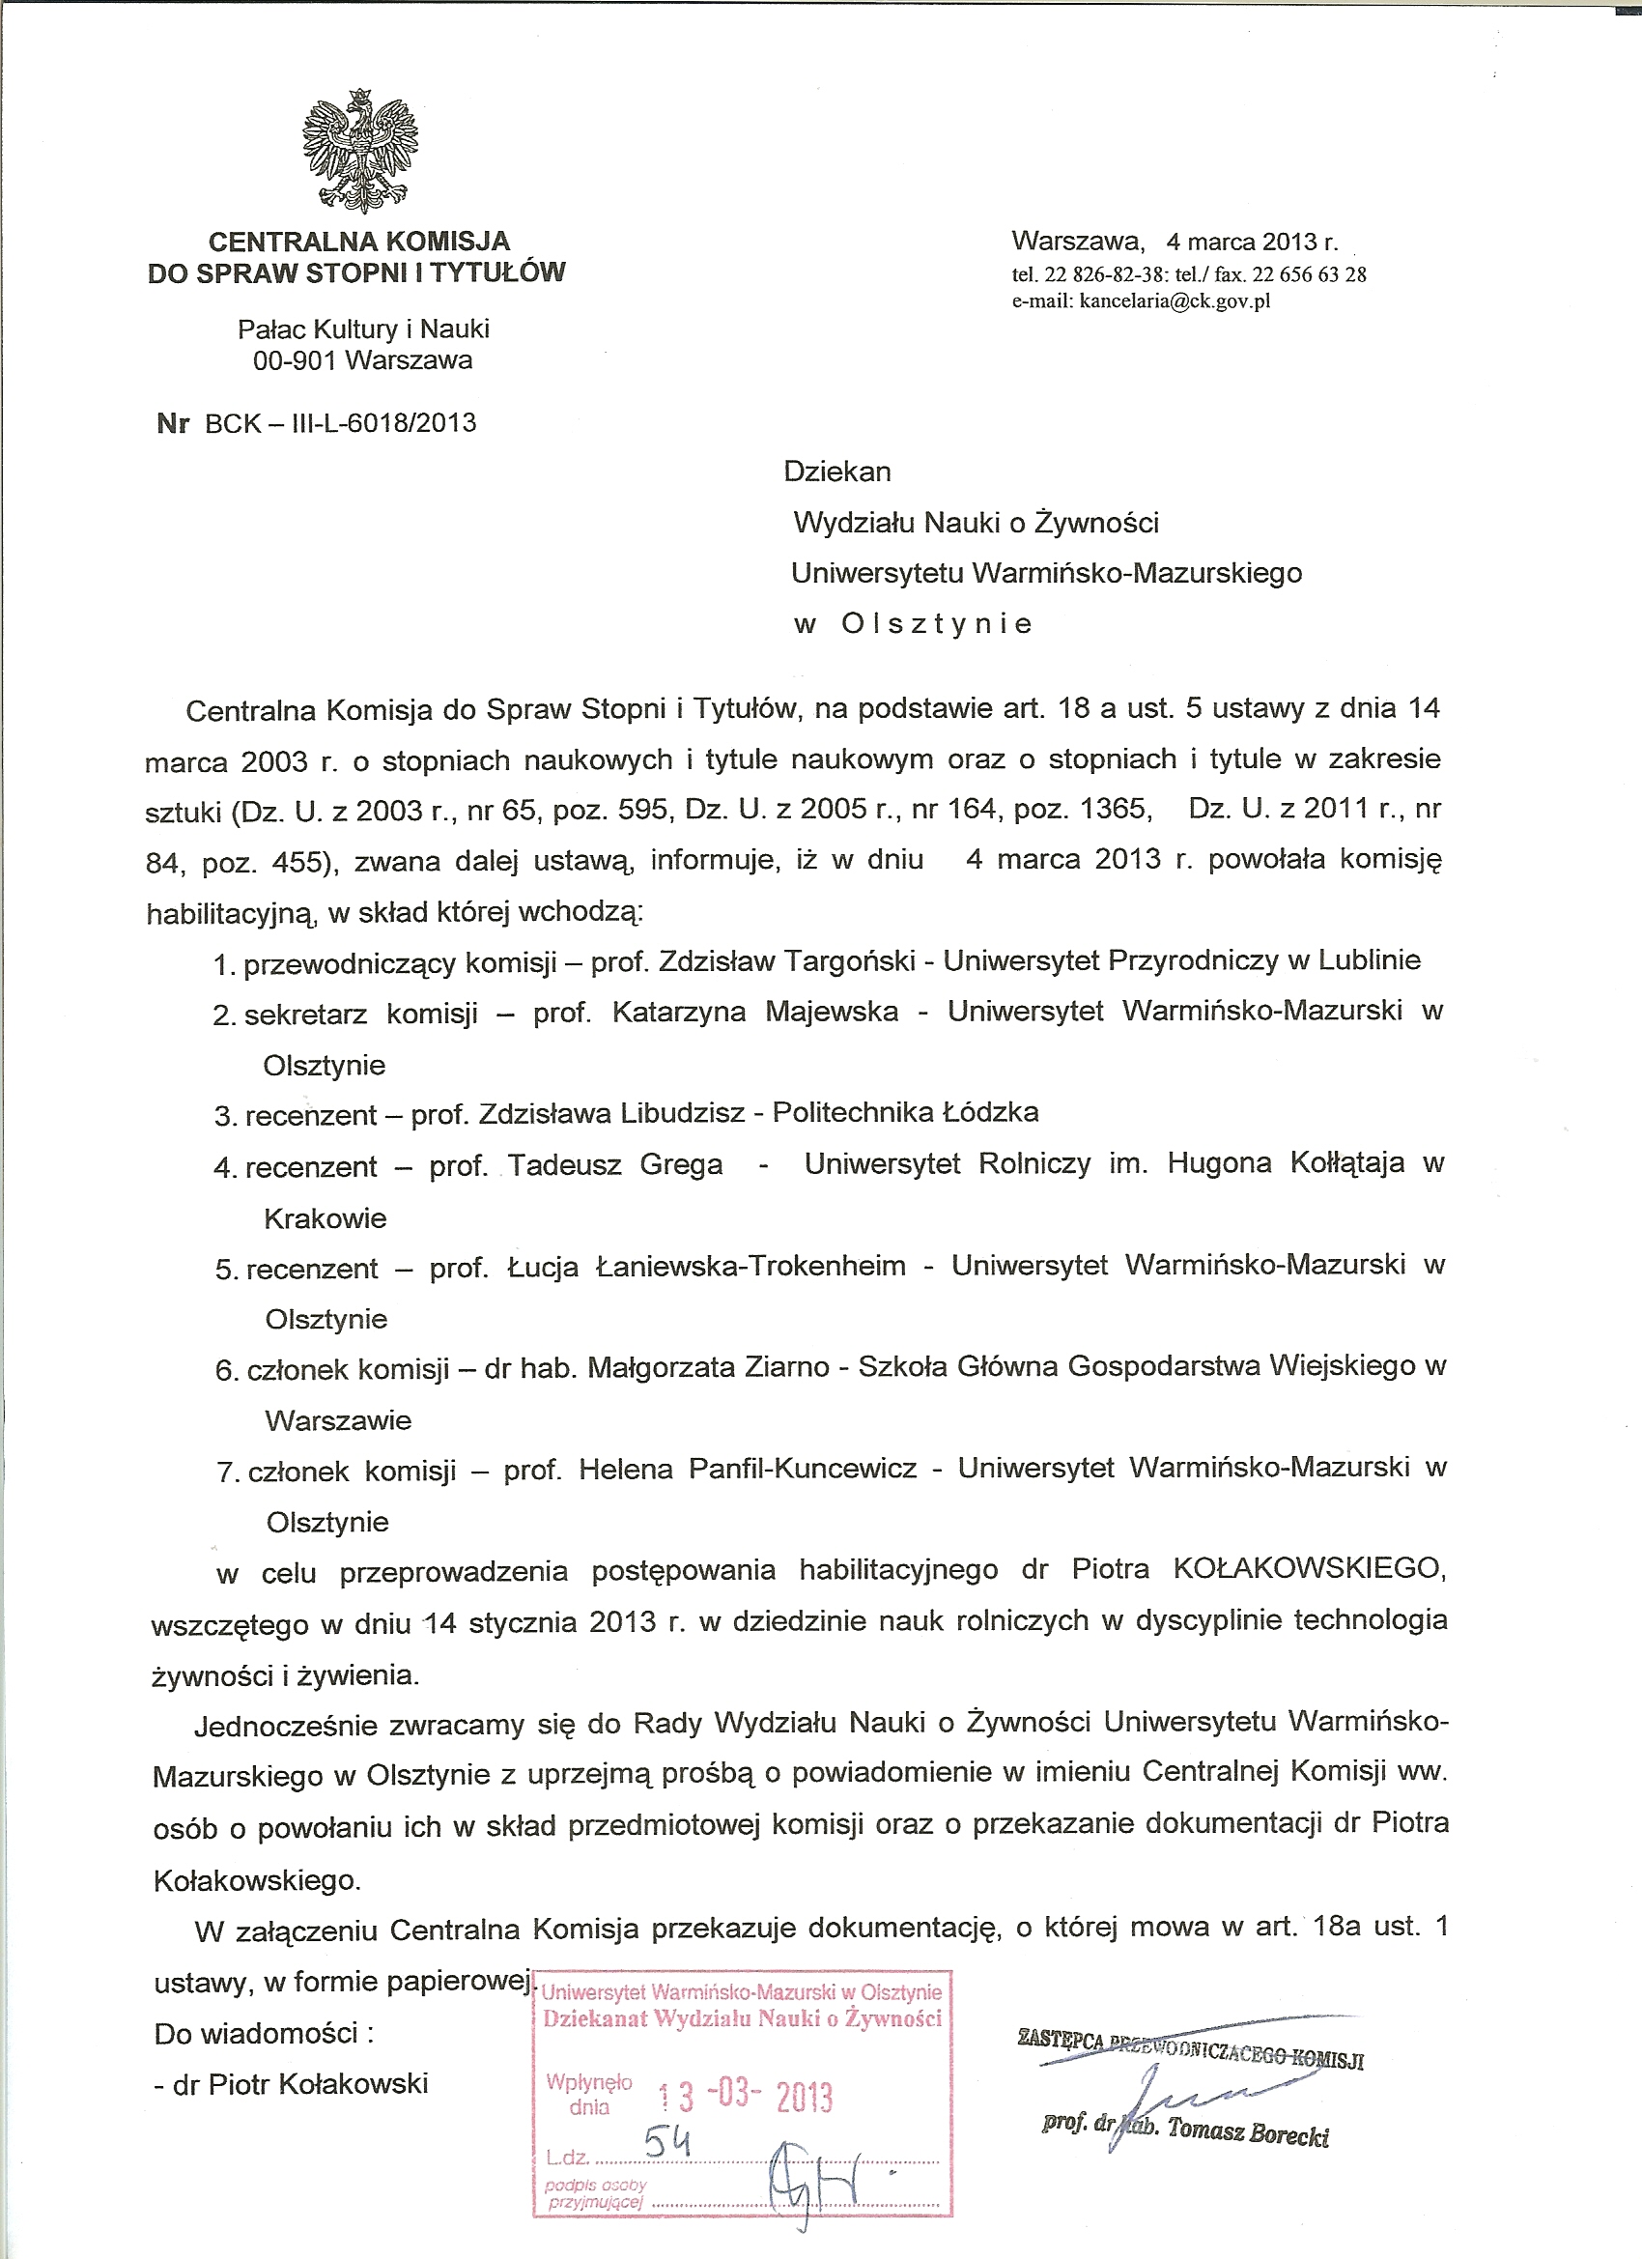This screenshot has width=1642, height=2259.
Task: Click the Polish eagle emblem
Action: [x=359, y=152]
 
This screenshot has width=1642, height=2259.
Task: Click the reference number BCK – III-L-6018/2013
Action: [x=340, y=423]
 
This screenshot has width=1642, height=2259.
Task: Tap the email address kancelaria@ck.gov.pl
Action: [x=1172, y=301]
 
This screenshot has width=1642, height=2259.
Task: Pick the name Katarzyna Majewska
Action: [x=754, y=1012]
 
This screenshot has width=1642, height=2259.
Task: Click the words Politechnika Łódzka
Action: [x=905, y=1111]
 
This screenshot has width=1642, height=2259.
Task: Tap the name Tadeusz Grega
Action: [x=615, y=1164]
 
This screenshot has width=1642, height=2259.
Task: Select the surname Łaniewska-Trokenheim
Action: [x=750, y=1266]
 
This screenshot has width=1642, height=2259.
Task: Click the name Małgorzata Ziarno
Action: [x=708, y=1367]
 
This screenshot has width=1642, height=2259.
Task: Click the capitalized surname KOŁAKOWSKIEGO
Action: [x=1308, y=1570]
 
